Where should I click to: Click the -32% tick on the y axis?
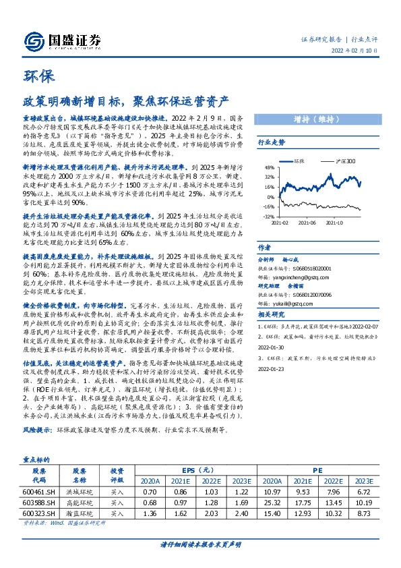[268, 216]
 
